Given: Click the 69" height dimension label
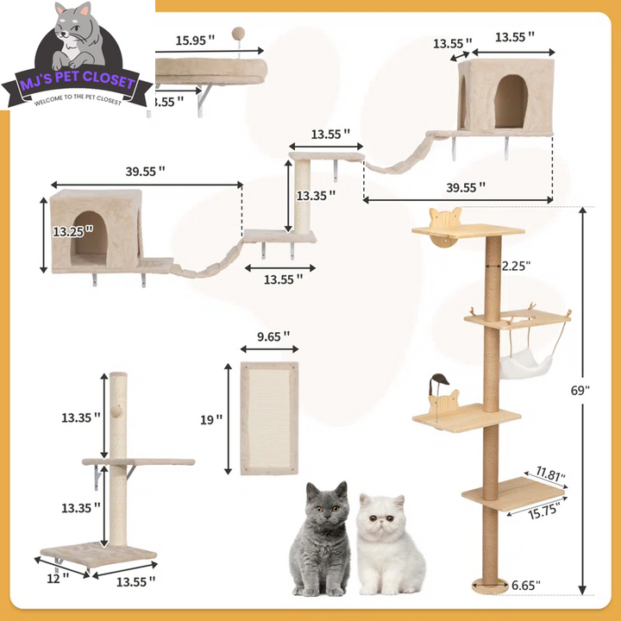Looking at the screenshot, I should tap(580, 390).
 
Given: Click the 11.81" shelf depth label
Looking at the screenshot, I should tap(548, 474).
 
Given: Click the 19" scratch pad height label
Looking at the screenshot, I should tap(211, 419).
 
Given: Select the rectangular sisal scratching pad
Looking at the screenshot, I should tap(269, 417).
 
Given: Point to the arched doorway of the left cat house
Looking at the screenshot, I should tap(90, 234).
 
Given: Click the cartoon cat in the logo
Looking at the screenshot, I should tap(77, 39).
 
